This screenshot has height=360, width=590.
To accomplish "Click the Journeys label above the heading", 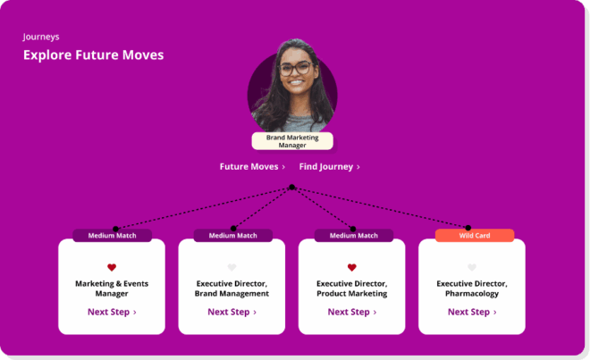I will pyautogui.click(x=41, y=38).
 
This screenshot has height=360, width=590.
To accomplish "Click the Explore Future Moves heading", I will pyautogui.click(x=93, y=55).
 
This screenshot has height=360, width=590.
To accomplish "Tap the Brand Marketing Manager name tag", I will pyautogui.click(x=292, y=141).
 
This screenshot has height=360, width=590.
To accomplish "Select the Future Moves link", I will pyautogui.click(x=252, y=167).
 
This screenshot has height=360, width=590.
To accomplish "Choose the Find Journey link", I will pyautogui.click(x=329, y=167).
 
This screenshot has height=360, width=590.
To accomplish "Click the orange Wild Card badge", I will pyautogui.click(x=475, y=236).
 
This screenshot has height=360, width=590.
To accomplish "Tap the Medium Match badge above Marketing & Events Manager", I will pyautogui.click(x=112, y=236).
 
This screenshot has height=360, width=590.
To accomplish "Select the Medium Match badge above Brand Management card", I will pyautogui.click(x=232, y=236).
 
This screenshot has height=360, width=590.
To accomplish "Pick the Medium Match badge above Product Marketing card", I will pyautogui.click(x=352, y=236).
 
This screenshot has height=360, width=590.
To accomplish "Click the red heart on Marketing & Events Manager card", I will pyautogui.click(x=112, y=267).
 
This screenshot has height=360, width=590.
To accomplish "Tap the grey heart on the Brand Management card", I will pyautogui.click(x=232, y=267).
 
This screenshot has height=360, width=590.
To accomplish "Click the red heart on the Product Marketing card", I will pyautogui.click(x=351, y=267).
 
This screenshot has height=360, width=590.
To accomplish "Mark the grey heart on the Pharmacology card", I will pyautogui.click(x=472, y=267).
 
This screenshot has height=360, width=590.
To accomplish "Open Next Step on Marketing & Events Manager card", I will pyautogui.click(x=112, y=312).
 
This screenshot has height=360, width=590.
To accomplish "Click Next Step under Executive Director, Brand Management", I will pyautogui.click(x=232, y=312).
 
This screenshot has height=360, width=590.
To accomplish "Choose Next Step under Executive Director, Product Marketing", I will pyautogui.click(x=351, y=312).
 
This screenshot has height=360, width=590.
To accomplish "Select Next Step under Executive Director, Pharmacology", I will pyautogui.click(x=472, y=312).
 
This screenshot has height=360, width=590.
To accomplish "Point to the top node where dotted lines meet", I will pyautogui.click(x=291, y=188).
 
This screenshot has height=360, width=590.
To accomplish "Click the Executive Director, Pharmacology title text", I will pyautogui.click(x=472, y=289).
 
